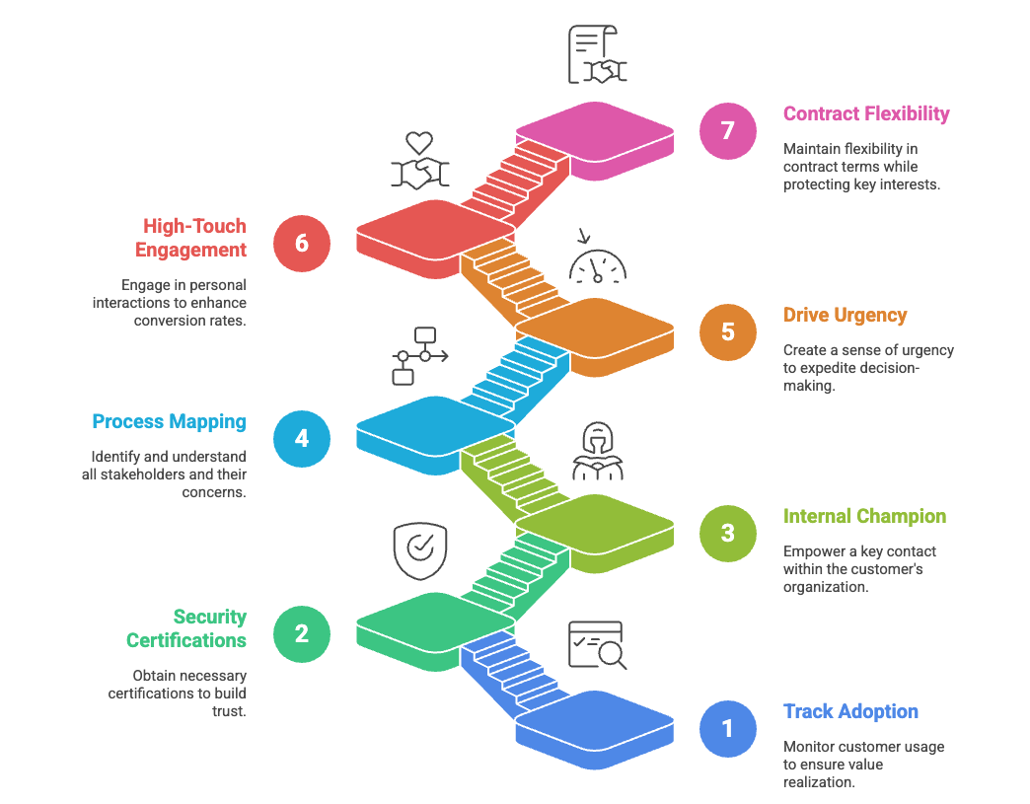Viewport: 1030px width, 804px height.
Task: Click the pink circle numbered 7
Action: (x=728, y=130)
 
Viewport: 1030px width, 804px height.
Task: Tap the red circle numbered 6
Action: (x=302, y=243)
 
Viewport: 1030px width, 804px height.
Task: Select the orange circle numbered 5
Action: (x=728, y=331)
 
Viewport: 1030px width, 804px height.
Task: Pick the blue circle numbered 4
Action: (x=302, y=438)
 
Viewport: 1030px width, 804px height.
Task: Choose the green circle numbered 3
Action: (x=728, y=533)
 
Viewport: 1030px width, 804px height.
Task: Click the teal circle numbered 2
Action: (x=302, y=633)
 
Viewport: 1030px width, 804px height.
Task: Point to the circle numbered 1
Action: (x=728, y=728)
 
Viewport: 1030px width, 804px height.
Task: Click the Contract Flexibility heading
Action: (x=866, y=113)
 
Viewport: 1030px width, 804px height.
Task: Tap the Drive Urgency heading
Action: (x=845, y=316)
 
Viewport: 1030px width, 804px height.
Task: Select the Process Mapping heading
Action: (x=169, y=422)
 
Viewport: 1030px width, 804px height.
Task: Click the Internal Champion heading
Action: (x=864, y=516)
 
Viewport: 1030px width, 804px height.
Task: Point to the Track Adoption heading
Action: (x=850, y=711)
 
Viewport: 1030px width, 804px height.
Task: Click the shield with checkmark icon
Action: (x=419, y=549)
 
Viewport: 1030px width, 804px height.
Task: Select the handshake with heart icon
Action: (x=421, y=162)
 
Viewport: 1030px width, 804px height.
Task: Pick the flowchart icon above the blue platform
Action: (x=419, y=355)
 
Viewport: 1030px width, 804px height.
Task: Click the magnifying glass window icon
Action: (x=597, y=645)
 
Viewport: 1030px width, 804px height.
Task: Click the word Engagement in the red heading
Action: (x=191, y=251)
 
